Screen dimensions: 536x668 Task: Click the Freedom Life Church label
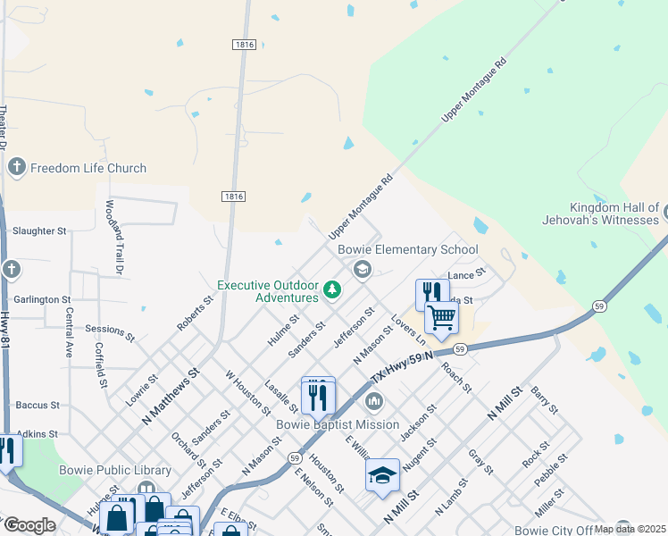coord(88,168)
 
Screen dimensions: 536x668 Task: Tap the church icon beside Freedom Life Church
coord(16,167)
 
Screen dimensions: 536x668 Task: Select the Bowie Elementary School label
coord(407,249)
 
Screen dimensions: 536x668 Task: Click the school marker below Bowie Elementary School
coord(362,269)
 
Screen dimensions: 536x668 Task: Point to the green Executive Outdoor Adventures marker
coord(332,289)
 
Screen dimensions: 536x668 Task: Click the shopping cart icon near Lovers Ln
coord(441,317)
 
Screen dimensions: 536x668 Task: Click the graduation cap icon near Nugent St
coord(382,474)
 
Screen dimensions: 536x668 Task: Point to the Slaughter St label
coord(39,230)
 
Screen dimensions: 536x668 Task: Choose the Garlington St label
coord(42,299)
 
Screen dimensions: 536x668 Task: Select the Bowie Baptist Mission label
coord(338,424)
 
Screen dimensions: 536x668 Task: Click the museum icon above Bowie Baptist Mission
coord(375,399)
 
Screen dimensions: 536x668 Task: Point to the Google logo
coord(29,525)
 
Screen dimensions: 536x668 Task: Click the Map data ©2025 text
coord(630,529)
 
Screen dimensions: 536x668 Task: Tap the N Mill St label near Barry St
coord(505,405)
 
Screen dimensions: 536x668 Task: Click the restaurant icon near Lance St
coord(430,292)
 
